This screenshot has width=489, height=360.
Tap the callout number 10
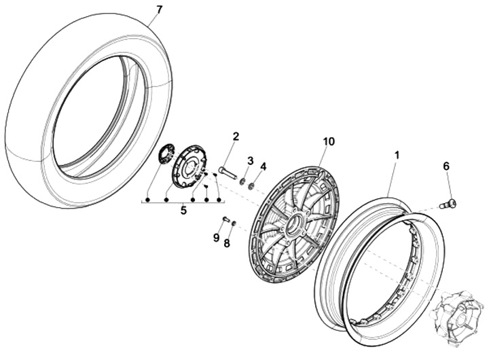pos(329,141)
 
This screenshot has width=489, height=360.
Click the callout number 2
pos(236,137)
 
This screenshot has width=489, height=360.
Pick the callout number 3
pos(250,160)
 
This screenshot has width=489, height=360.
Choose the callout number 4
pos(264,165)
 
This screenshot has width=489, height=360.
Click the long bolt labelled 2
pos(228,173)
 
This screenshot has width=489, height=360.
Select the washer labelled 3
pos(242,182)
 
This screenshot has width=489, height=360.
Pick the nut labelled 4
pos(251,185)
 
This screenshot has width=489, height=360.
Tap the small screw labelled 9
pos(226,219)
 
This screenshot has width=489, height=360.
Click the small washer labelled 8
pos(234,223)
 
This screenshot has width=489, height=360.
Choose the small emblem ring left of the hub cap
pos(163,154)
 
